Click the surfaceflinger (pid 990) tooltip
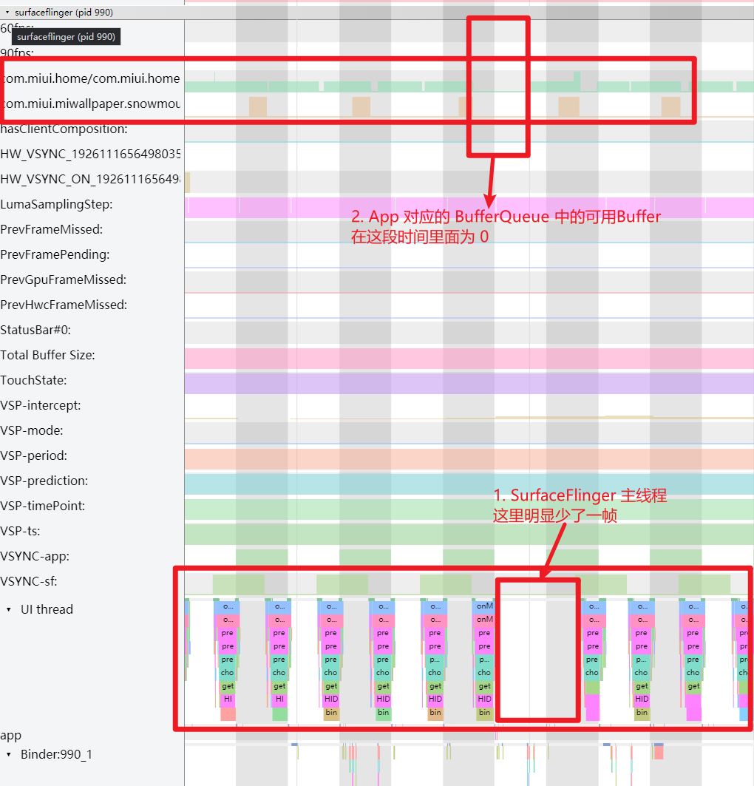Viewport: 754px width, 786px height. [x=66, y=36]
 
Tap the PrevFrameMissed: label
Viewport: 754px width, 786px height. [x=52, y=229]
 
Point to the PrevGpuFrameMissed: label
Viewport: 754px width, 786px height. [x=64, y=279]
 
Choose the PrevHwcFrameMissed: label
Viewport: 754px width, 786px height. [x=64, y=305]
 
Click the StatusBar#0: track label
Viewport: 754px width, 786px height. [x=35, y=330]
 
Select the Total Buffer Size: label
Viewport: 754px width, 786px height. [x=47, y=355]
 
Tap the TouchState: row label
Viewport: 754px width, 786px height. [x=33, y=380]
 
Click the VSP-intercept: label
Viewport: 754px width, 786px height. [x=41, y=405]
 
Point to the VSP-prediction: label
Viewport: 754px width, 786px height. [x=44, y=481]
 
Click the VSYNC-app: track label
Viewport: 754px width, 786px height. [x=35, y=556]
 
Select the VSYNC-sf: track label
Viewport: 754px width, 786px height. [x=30, y=581]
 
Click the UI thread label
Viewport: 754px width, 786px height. [x=47, y=609]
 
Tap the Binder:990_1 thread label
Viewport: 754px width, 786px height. [x=56, y=754]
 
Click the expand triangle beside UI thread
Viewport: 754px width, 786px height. [x=9, y=609]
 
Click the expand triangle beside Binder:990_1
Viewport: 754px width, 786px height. [x=9, y=754]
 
